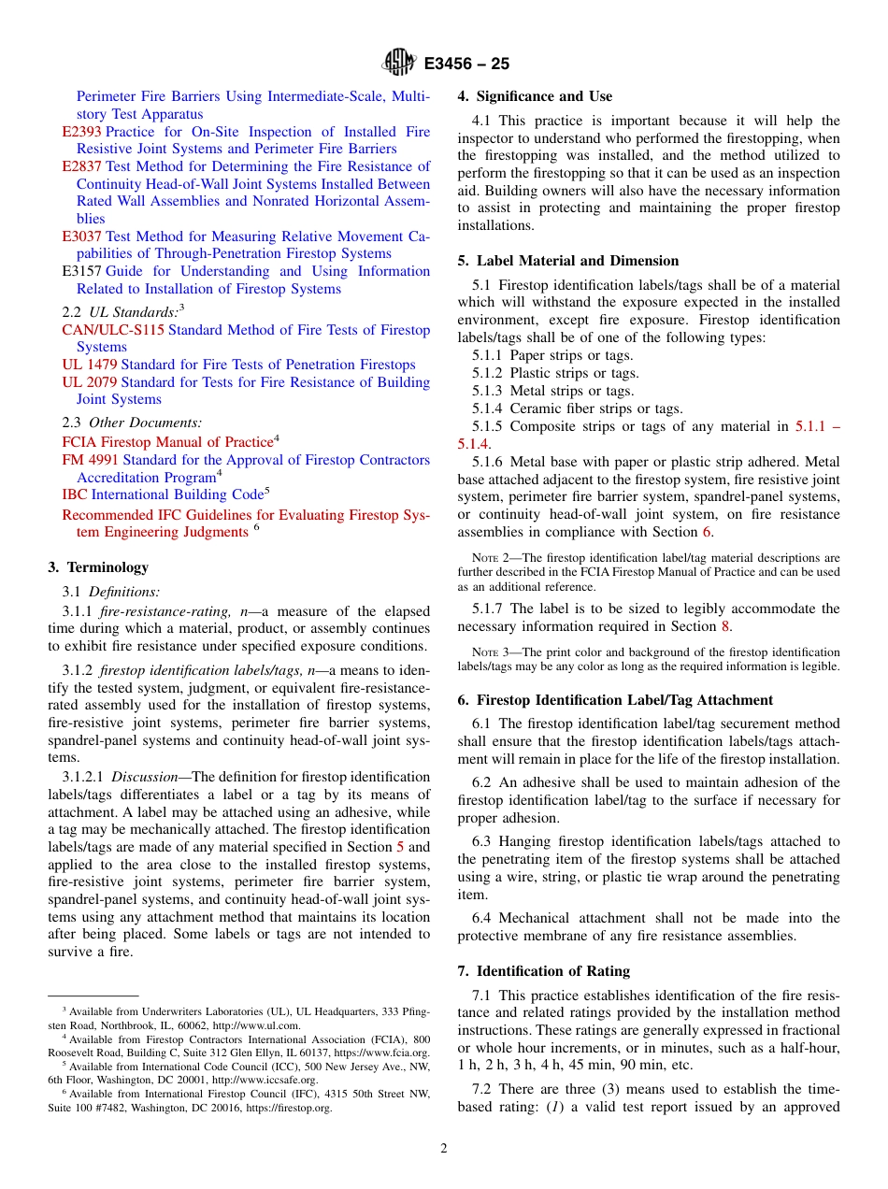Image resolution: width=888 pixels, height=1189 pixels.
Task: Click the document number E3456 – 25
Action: [x=466, y=64]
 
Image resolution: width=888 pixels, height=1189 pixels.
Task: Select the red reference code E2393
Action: [x=82, y=132]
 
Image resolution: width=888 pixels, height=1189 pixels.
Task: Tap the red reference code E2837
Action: [x=82, y=166]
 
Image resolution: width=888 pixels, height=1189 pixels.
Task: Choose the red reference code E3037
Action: [x=82, y=236]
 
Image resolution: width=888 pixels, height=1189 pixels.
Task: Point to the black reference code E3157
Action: [x=82, y=271]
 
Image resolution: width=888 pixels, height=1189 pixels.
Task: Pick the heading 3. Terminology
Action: [x=98, y=567]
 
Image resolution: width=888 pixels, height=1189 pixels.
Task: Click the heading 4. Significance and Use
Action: [x=535, y=96]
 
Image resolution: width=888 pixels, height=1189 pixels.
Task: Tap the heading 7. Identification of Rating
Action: [x=543, y=971]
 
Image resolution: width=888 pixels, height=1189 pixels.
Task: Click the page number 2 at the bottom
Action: [x=444, y=1149]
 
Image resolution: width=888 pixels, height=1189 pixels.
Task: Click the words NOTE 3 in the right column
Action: [x=491, y=652]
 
